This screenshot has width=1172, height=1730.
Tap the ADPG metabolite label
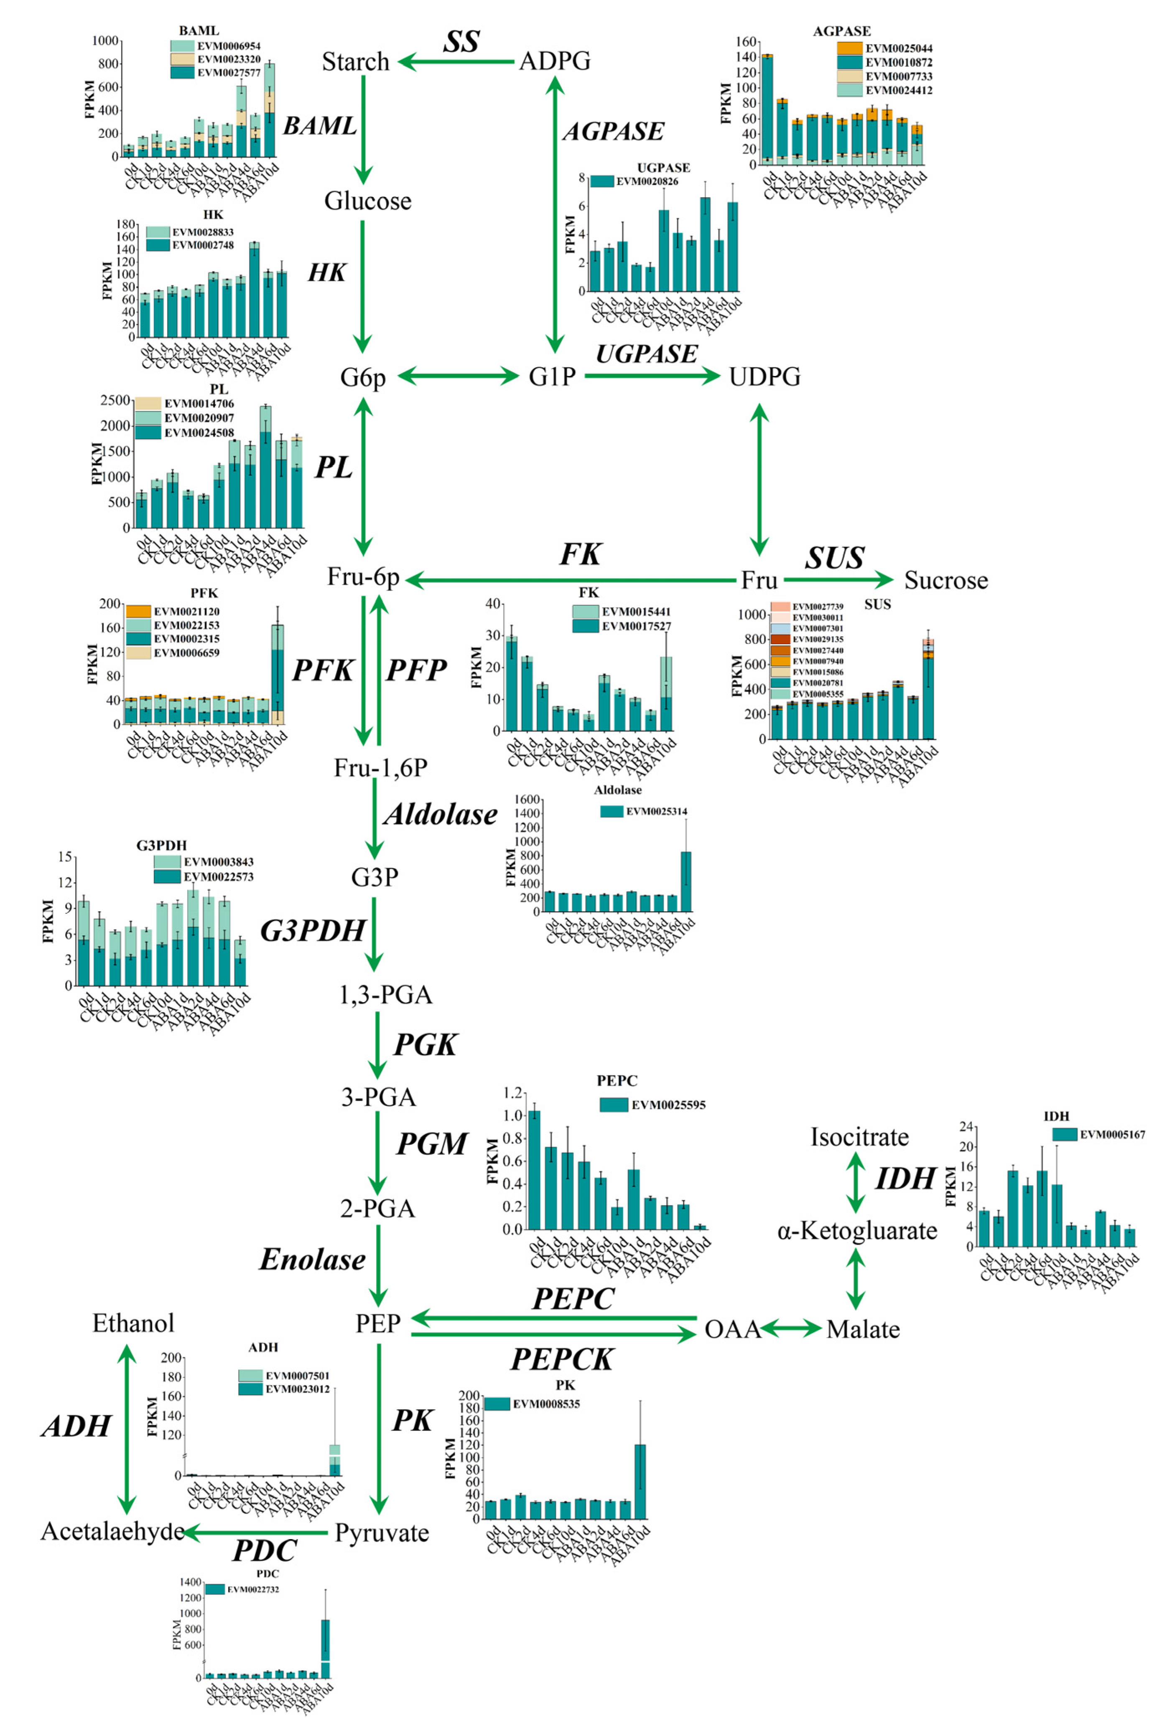click(555, 60)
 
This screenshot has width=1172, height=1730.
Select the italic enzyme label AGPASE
click(613, 131)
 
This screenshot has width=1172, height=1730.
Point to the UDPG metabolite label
click(765, 377)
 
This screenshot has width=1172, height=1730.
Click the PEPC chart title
click(617, 1080)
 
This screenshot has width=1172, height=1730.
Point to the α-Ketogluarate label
click(857, 1230)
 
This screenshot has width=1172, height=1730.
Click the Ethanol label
click(133, 1323)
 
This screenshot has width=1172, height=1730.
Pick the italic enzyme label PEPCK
click(561, 1359)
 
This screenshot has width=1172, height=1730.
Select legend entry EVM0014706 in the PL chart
click(198, 404)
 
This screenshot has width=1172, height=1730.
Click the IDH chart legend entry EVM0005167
click(1112, 1135)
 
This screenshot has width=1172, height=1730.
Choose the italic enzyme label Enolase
click(312, 1260)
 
